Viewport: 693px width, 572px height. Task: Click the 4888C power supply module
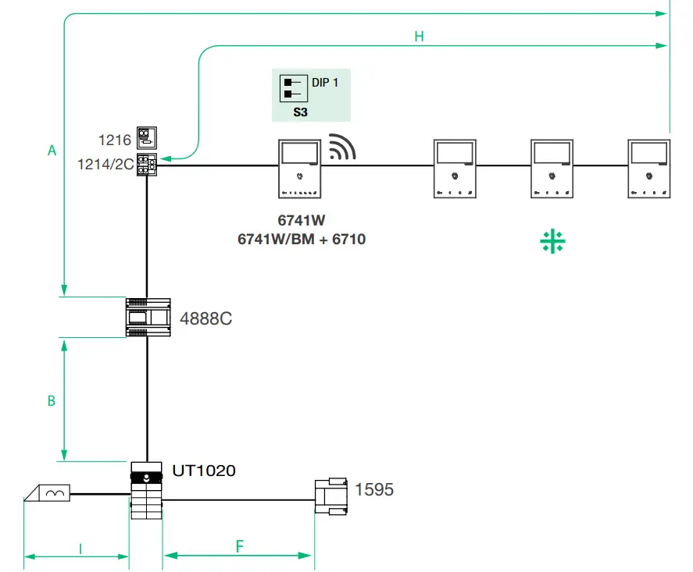(x=146, y=317)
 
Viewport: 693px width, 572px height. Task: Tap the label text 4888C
(x=206, y=319)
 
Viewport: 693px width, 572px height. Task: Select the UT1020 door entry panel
(x=146, y=489)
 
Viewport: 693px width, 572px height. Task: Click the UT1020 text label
(x=204, y=471)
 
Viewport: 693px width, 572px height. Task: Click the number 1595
(x=374, y=490)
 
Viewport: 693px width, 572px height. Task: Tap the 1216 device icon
(x=146, y=138)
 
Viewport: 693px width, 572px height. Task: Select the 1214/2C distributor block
(x=146, y=164)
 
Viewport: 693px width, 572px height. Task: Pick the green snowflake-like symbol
(x=552, y=242)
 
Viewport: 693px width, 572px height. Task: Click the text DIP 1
(x=325, y=82)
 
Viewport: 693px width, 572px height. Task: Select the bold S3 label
(x=301, y=112)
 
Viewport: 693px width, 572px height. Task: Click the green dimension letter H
(x=419, y=37)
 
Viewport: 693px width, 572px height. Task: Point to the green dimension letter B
(x=52, y=400)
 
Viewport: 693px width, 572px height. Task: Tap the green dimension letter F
(x=239, y=545)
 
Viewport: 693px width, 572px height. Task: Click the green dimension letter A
(x=52, y=150)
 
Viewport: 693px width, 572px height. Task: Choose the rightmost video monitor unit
(x=649, y=169)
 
